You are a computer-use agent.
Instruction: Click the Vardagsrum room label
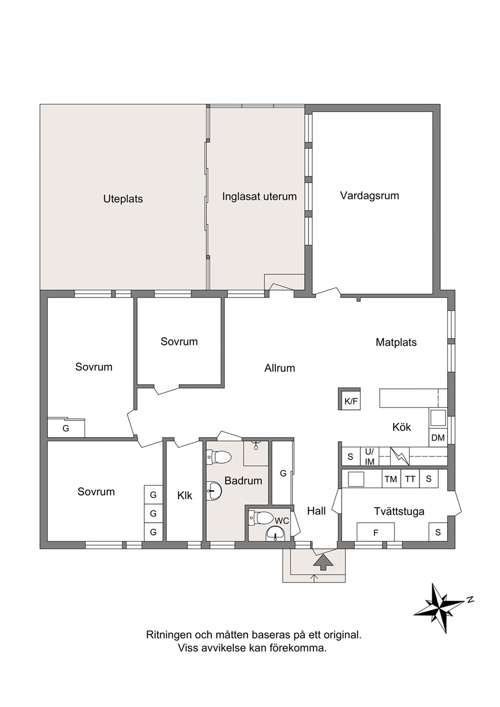point(369,196)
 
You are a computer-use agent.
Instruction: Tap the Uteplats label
point(123,199)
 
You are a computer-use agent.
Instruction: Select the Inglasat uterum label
point(259,197)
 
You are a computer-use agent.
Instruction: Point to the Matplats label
point(396,343)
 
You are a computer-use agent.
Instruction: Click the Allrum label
point(280,368)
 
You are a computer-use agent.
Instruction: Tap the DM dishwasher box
point(438,438)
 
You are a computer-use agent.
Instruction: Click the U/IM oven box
point(369,457)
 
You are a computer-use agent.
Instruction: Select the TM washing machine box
point(391,479)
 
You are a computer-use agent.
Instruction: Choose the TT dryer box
point(410,479)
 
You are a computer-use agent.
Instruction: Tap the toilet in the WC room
point(261,518)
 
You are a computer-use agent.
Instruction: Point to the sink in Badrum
point(214,490)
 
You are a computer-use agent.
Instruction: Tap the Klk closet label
point(184,496)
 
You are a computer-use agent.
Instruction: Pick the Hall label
point(317,511)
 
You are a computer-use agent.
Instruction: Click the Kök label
point(402,427)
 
